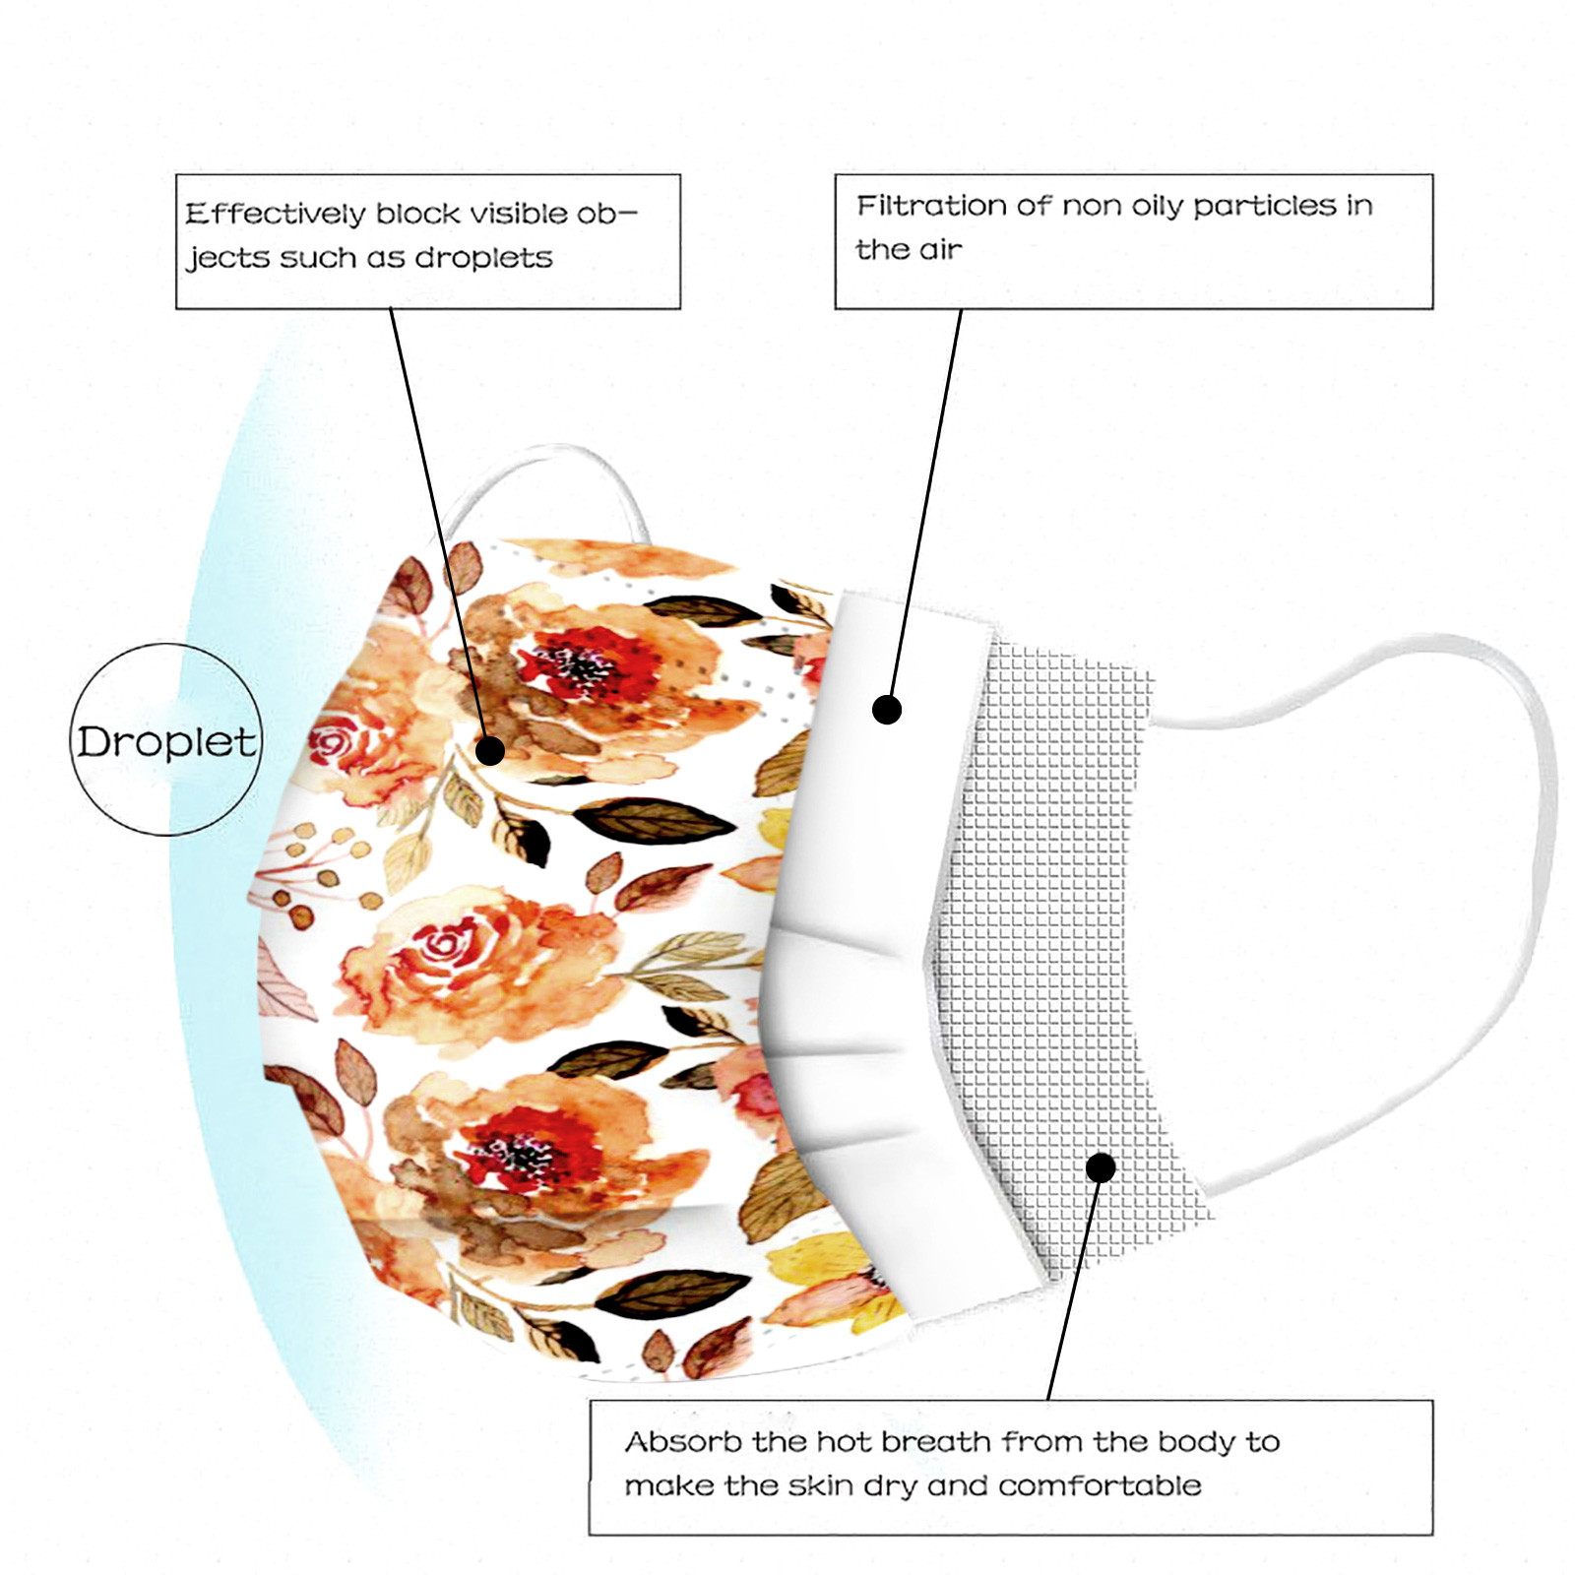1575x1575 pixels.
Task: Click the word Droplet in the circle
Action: coord(166,741)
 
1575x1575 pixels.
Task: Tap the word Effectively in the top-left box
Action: coord(275,214)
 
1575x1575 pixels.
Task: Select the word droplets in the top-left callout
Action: coord(483,258)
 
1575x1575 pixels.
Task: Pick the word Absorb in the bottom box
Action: coord(683,1442)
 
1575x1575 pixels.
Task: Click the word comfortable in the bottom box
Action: coord(1100,1485)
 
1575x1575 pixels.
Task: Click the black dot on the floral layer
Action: coord(490,751)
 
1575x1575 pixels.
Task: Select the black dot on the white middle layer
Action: coord(887,709)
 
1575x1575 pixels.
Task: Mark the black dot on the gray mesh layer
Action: coord(1101,1167)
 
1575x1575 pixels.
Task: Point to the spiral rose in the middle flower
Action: coord(445,947)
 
